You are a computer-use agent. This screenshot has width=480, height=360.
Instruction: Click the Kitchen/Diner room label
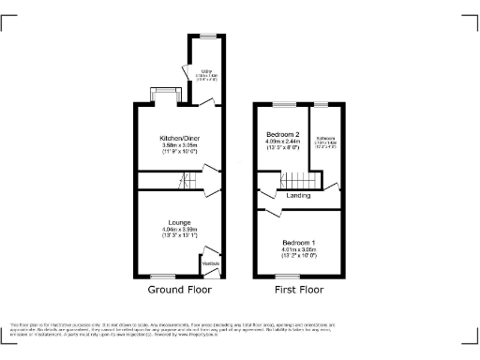coord(179,138)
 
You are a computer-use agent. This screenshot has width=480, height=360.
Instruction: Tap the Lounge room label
coord(179,222)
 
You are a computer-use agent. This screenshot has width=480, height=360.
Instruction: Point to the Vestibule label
coord(211,263)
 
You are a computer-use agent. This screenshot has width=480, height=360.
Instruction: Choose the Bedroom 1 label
coord(298,242)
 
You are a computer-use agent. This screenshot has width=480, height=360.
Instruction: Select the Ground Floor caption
coord(179,290)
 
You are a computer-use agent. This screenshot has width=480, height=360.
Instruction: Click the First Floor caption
coord(298,290)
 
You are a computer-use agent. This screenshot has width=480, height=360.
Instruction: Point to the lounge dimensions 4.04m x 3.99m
coord(179,231)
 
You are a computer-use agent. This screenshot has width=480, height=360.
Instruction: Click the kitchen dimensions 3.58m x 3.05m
coord(179,146)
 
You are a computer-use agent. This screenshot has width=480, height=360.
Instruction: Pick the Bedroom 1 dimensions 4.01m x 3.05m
coord(298,250)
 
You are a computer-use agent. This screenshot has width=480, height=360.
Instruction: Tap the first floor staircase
coord(297,181)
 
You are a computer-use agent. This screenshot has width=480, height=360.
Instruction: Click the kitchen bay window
coord(165,92)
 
